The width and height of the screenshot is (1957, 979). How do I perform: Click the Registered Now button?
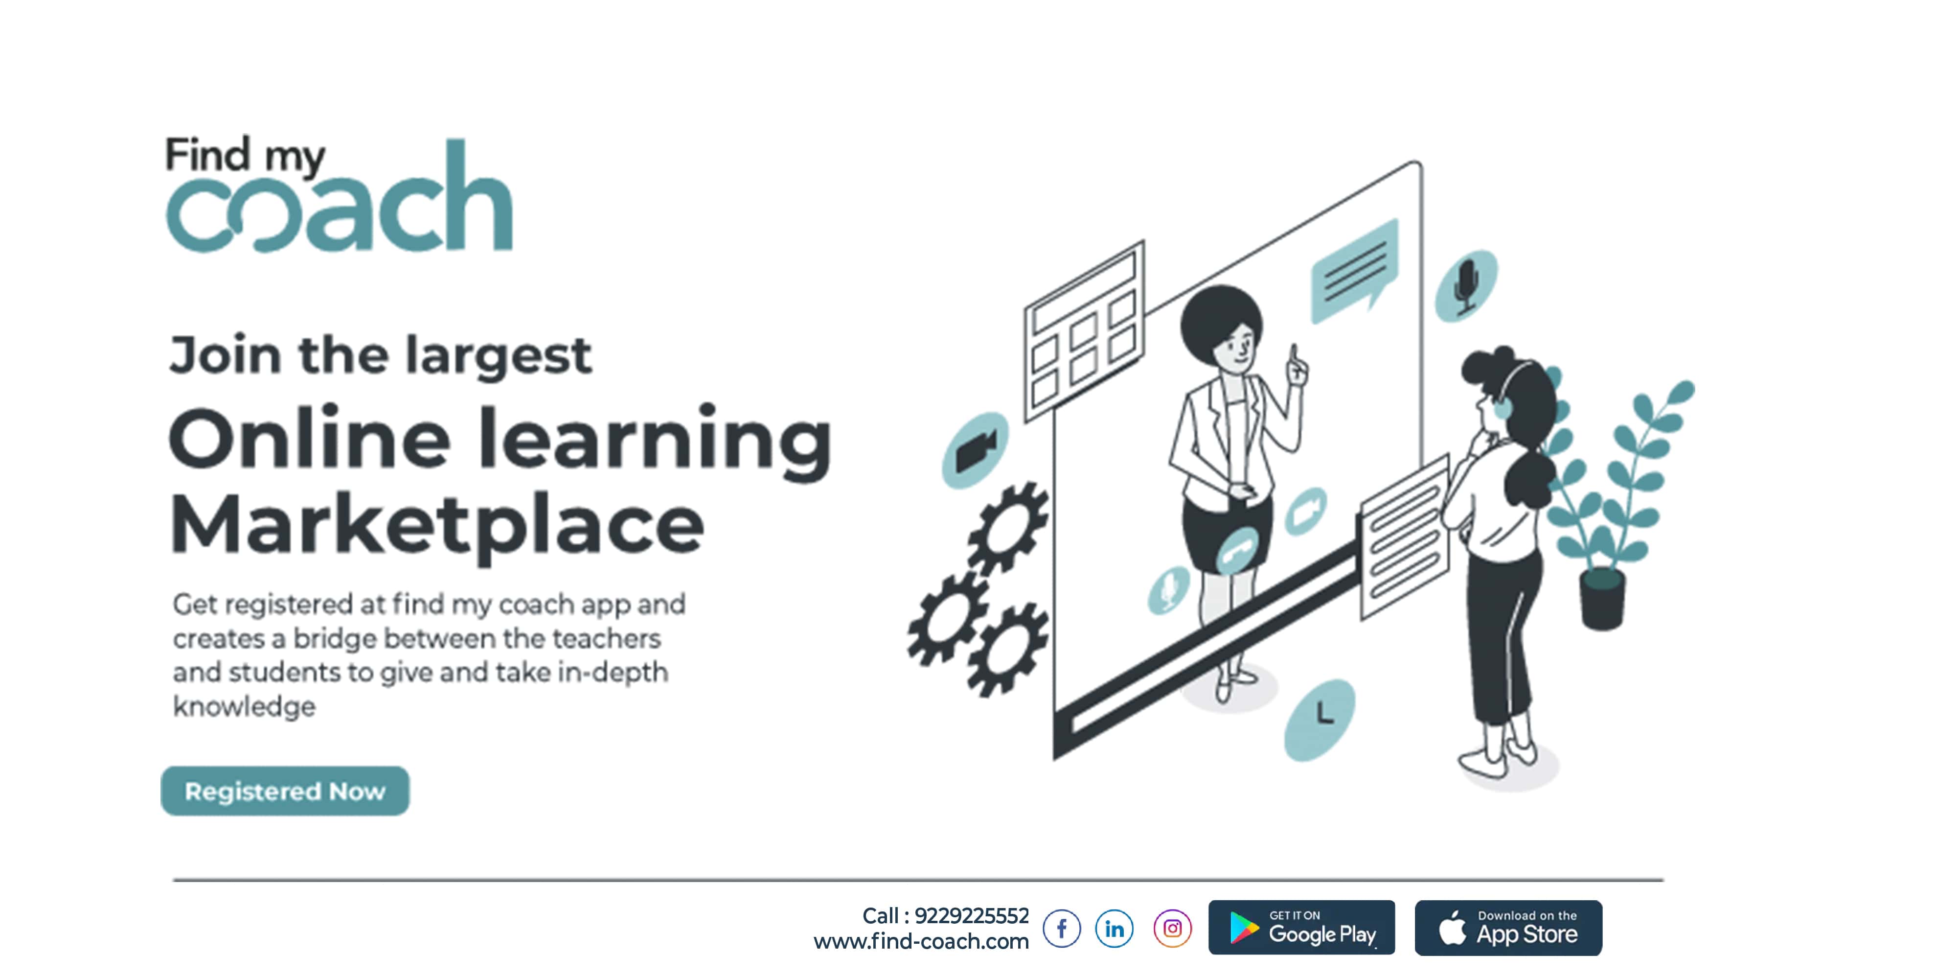point(285,791)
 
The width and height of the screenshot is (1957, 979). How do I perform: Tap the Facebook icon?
point(1061,928)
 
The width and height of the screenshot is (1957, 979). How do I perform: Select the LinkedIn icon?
point(1115,928)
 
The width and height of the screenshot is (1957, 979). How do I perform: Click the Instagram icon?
point(1172,928)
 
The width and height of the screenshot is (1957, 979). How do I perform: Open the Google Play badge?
point(1301,927)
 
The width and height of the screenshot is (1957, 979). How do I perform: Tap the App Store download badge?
point(1508,927)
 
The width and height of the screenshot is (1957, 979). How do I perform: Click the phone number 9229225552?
point(972,916)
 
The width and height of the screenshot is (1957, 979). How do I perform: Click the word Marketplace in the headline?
point(437,526)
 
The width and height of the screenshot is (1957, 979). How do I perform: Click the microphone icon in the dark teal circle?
point(1465,286)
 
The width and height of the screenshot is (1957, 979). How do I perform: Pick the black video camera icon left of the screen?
point(976,450)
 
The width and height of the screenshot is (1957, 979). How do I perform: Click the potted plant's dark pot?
point(1602,599)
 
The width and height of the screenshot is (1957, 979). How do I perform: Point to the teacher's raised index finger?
point(1294,357)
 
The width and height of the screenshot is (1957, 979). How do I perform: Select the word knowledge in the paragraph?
point(244,707)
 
